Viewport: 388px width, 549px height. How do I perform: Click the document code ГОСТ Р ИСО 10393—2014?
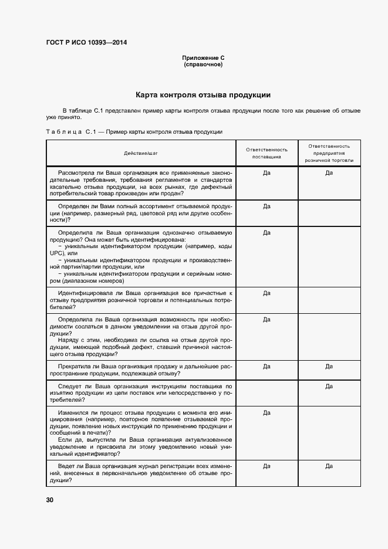click(x=87, y=43)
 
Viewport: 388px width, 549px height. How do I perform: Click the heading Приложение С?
click(x=203, y=58)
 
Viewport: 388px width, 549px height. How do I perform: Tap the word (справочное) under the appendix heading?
click(x=203, y=65)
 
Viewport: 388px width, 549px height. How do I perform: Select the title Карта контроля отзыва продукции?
click(x=203, y=94)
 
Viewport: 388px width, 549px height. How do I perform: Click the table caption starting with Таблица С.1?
click(x=134, y=132)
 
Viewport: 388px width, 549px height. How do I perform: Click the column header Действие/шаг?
click(x=141, y=154)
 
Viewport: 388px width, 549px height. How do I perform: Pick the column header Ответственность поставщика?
click(x=266, y=154)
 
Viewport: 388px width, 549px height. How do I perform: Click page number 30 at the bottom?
click(x=50, y=500)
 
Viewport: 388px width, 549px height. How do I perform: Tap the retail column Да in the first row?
click(x=329, y=173)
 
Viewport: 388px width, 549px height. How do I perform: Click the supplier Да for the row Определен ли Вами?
click(x=266, y=206)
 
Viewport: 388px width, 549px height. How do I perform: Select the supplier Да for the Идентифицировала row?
click(x=266, y=293)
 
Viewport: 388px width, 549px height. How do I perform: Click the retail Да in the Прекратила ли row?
click(x=329, y=366)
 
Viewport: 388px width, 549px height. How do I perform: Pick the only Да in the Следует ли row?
click(x=329, y=387)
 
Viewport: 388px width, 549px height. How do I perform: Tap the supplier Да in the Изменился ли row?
click(x=266, y=413)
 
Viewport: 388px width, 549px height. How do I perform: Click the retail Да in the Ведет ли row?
click(x=329, y=466)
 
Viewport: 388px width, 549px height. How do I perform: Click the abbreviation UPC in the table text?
click(x=56, y=253)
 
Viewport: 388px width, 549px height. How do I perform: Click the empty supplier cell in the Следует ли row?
click(x=266, y=393)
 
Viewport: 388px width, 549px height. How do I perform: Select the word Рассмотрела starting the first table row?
click(x=77, y=173)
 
